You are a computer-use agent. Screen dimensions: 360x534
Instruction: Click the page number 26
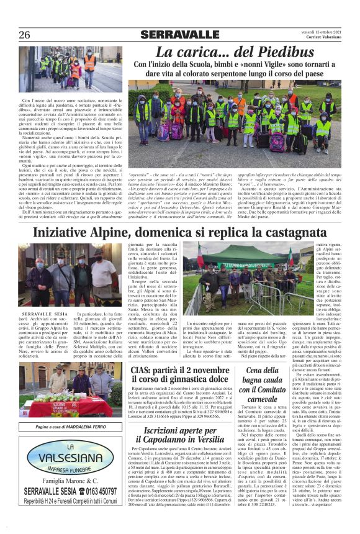[25, 35]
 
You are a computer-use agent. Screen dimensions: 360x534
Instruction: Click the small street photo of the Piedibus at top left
[70, 69]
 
